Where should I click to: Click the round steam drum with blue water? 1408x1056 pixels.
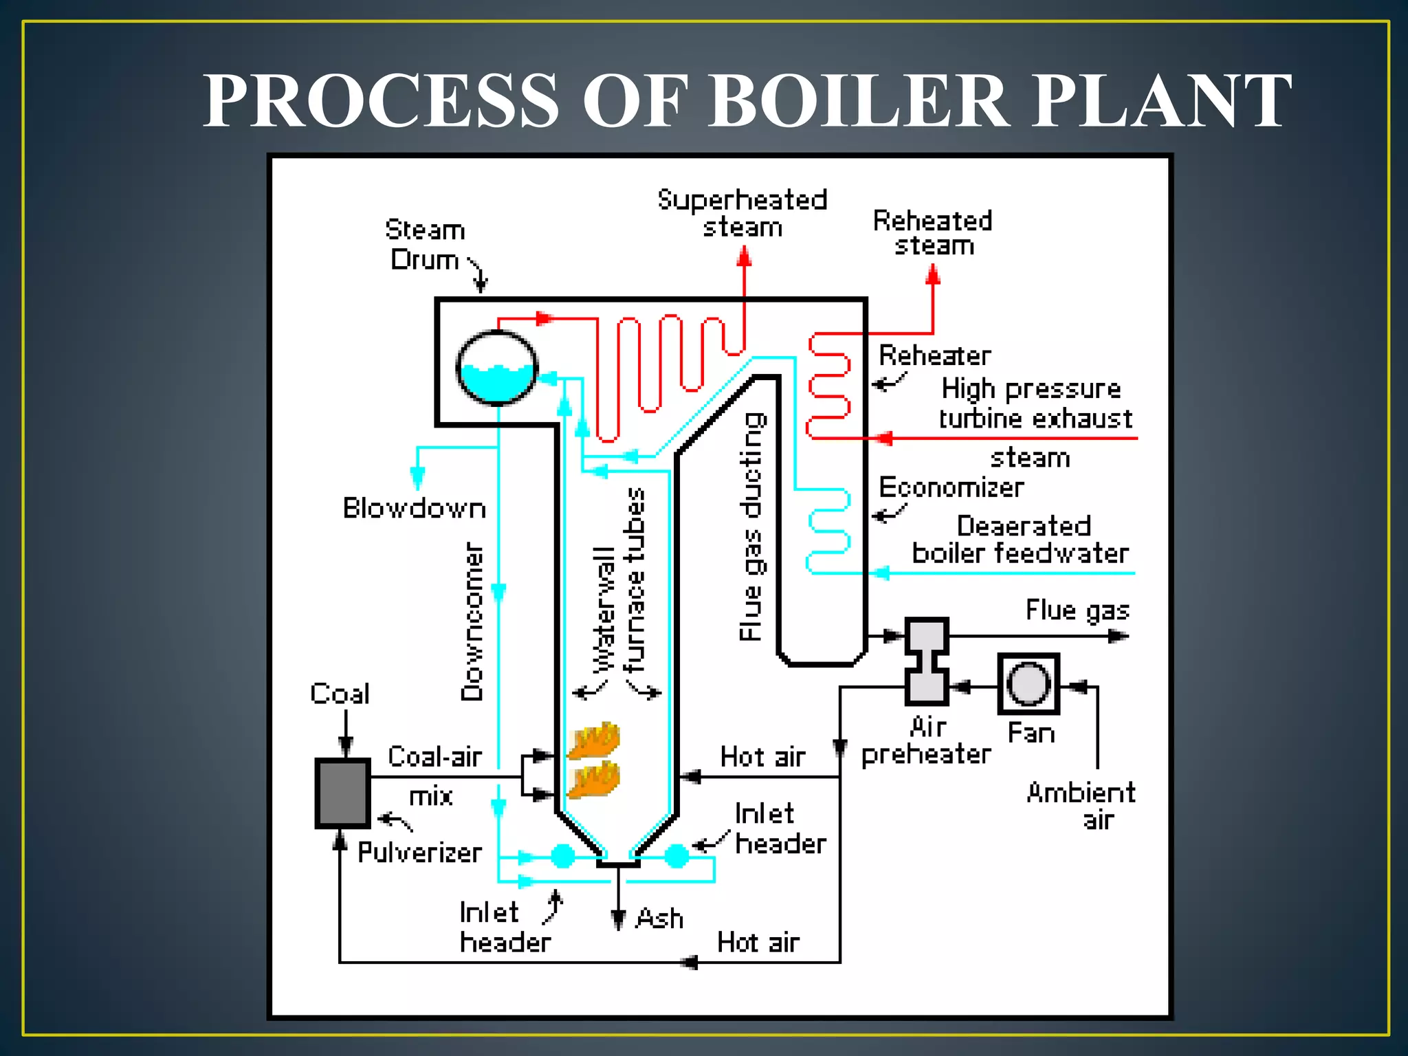496,368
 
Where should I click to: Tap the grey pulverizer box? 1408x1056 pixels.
342,793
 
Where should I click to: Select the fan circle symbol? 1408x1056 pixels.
1028,684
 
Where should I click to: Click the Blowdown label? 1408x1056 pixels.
415,508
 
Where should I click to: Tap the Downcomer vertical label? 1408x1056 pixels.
472,621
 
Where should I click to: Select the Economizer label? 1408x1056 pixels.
951,487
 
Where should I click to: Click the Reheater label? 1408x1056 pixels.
935,355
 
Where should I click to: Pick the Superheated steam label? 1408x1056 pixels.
742,213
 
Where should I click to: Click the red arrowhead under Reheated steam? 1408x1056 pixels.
933,275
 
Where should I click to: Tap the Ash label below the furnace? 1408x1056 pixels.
659,918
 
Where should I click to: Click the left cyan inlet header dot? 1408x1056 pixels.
563,856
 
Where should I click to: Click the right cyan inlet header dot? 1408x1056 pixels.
676,856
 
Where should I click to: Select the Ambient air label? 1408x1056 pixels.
1081,806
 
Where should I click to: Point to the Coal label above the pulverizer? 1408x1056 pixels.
340,694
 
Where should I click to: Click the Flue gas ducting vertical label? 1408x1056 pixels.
752,527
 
